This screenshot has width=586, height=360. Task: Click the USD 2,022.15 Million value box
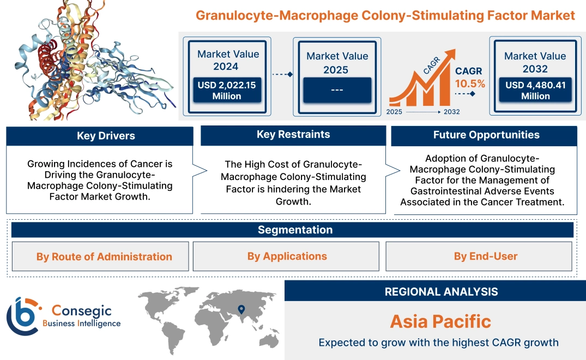point(226,90)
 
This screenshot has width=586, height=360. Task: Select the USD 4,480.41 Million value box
point(535,90)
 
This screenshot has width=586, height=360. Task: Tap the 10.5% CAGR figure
point(470,84)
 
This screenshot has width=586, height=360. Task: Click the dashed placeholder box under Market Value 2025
point(337,90)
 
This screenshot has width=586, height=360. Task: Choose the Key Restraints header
point(293,135)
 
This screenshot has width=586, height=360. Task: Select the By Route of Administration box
point(104,256)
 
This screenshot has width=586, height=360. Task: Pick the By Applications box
point(287,256)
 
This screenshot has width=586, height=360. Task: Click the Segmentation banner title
point(295,230)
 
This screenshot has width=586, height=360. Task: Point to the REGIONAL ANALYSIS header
point(441,292)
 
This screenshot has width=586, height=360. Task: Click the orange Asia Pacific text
point(440,321)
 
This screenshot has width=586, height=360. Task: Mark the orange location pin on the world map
point(240,310)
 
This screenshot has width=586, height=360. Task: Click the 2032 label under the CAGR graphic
point(451,112)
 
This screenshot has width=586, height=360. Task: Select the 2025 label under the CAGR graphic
point(395,112)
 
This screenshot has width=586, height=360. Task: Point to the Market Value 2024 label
point(228,60)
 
